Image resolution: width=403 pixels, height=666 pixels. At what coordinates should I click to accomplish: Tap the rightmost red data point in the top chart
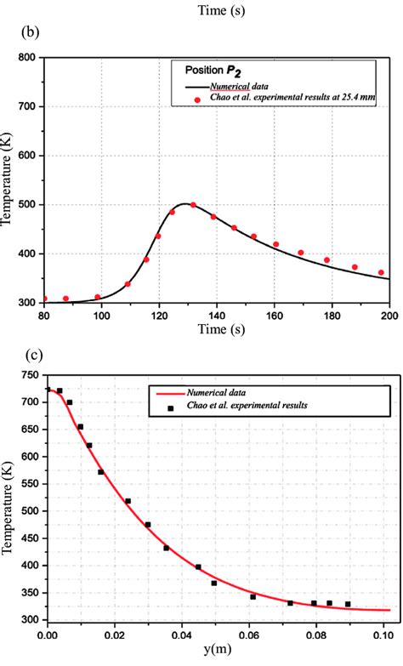pos(381,273)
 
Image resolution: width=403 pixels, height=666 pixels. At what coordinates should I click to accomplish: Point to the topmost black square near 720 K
pos(60,391)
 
